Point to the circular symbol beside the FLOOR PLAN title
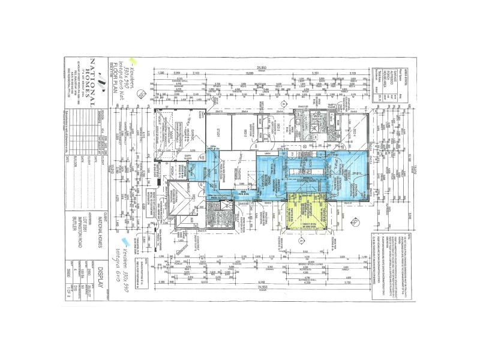click(x=140, y=95)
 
